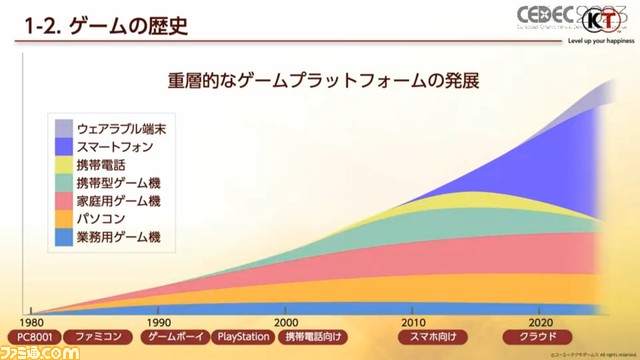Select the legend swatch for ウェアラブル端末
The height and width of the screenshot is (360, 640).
point(62,129)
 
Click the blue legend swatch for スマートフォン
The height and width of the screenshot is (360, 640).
point(62,147)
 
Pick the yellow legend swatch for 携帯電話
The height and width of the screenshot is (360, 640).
point(62,165)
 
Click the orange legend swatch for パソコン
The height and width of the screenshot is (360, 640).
point(62,219)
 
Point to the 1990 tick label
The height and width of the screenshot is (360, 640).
point(158,323)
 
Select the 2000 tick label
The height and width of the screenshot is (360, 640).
point(286,323)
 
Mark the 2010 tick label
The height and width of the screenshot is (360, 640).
point(413,323)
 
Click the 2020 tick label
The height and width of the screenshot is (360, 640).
point(541,323)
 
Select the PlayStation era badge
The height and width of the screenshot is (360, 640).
point(241,338)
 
